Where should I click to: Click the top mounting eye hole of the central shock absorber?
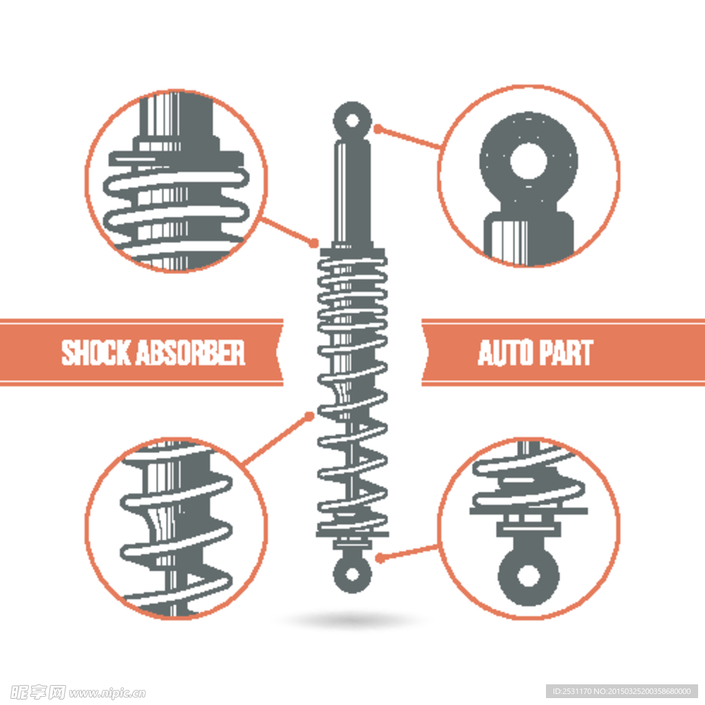pyautogui.click(x=352, y=120)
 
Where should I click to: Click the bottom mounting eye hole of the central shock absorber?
pyautogui.click(x=352, y=574)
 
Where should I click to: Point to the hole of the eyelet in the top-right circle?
pyautogui.click(x=528, y=160)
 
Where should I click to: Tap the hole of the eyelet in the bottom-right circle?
pyautogui.click(x=528, y=576)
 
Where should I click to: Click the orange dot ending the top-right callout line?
pyautogui.click(x=378, y=129)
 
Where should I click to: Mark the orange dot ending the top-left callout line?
pyautogui.click(x=314, y=243)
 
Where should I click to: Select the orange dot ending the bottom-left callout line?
pyautogui.click(x=309, y=417)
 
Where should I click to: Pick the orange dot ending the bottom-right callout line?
pyautogui.click(x=379, y=558)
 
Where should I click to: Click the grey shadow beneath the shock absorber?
pyautogui.click(x=352, y=620)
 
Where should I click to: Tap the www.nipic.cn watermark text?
pyautogui.click(x=107, y=693)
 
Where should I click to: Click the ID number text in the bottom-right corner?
pyautogui.click(x=622, y=691)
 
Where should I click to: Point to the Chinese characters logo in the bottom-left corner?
pyautogui.click(x=38, y=693)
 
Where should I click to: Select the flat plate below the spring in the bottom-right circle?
pyautogui.click(x=529, y=511)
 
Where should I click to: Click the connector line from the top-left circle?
pyautogui.click(x=288, y=231)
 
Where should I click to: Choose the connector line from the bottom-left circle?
pyautogui.click(x=276, y=440)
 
